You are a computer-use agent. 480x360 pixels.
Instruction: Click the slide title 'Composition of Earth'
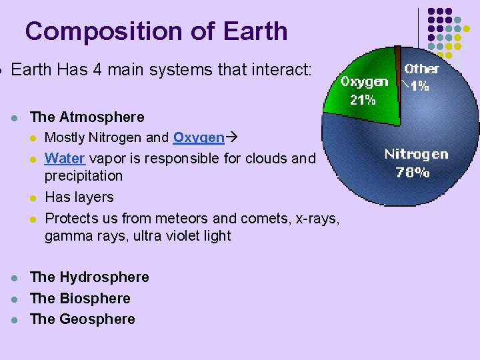[156, 31]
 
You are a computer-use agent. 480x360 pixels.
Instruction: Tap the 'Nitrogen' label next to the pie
[416, 155]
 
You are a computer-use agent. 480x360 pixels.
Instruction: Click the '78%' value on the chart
[413, 172]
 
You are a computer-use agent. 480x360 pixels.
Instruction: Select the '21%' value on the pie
[363, 101]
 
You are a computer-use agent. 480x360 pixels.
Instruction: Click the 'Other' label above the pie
[421, 69]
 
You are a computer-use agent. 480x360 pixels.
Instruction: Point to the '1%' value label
[419, 85]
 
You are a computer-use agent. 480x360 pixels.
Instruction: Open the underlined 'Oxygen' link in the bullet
[198, 138]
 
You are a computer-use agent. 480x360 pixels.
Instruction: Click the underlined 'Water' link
[65, 159]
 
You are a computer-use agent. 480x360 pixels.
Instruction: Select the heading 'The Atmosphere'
[87, 117]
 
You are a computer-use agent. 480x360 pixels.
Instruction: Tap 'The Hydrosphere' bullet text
[89, 277]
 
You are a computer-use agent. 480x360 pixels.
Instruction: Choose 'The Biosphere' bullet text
[80, 298]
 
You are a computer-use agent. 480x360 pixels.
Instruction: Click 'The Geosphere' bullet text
[83, 319]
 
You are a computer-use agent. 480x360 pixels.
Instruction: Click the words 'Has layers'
[79, 197]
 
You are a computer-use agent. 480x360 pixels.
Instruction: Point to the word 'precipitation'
[83, 176]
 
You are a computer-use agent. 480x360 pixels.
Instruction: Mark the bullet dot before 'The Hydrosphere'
[14, 278]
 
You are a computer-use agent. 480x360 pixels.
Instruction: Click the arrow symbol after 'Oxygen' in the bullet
[231, 138]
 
